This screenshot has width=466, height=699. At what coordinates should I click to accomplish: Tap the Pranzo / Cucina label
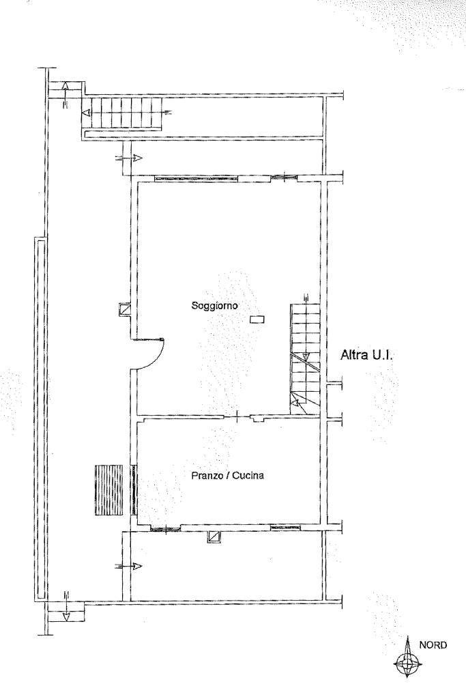227,475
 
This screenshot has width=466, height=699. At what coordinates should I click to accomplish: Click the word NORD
433,645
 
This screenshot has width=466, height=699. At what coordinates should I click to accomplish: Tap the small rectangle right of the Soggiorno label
257,319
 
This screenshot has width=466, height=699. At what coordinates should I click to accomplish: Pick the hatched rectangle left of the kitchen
108,490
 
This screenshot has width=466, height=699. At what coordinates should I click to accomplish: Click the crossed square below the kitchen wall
214,537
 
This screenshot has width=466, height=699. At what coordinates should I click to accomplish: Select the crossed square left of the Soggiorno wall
125,309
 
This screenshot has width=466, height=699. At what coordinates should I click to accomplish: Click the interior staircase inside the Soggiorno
305,359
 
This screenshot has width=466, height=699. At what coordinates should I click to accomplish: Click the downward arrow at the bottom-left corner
66,606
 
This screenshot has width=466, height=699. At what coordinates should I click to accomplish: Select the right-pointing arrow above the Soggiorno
128,158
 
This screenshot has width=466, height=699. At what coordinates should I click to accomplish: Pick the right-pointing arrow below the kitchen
128,566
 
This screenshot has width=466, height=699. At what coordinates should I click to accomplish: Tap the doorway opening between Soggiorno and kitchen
237,417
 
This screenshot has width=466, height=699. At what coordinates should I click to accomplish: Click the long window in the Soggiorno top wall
196,178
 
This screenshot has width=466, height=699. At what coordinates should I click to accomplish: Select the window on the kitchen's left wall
133,490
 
